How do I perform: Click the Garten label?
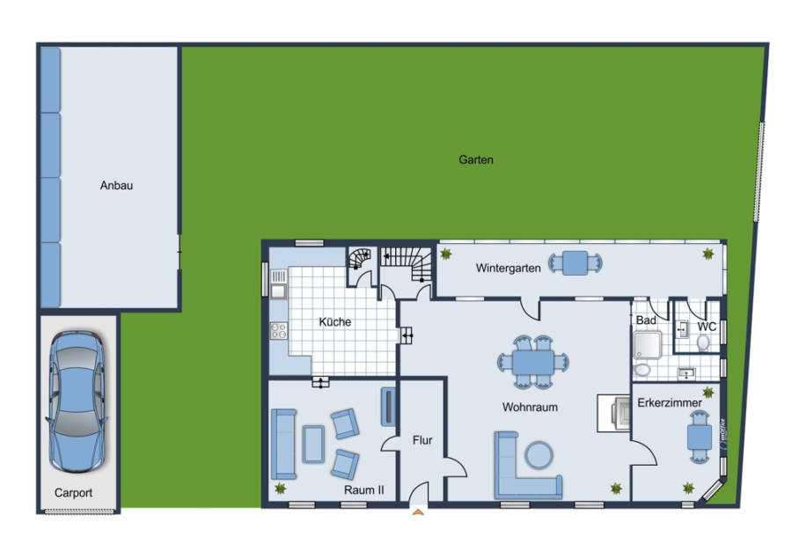tap(476, 159)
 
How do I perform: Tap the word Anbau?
tap(116, 186)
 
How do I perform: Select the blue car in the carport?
tap(77, 401)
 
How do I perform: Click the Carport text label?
tap(73, 493)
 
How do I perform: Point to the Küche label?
tap(335, 322)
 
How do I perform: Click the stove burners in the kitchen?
tap(279, 331)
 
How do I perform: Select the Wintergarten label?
tap(508, 268)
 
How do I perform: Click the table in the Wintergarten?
tap(576, 263)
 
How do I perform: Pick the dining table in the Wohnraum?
tap(533, 363)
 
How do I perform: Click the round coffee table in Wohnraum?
tap(539, 455)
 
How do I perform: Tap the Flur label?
tap(422, 440)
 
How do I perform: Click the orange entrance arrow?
tap(418, 512)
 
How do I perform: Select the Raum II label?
tap(363, 489)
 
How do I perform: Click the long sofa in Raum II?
tap(284, 445)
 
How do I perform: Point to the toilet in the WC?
tap(702, 343)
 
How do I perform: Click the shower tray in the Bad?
tap(648, 344)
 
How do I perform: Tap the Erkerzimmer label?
tap(670, 403)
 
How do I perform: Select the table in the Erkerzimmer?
tap(700, 438)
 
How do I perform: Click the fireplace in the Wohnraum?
tap(614, 413)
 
